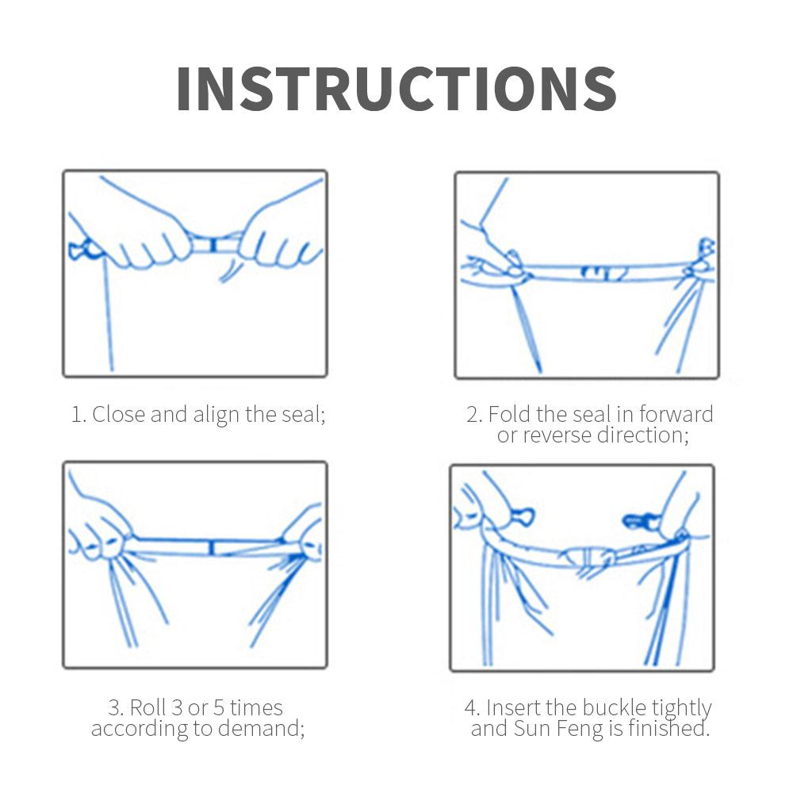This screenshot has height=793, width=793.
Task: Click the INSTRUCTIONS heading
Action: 396,89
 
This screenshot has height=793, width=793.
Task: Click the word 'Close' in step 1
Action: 119,414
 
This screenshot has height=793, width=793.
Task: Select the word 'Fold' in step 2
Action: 510,414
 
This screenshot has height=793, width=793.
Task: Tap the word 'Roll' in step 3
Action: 148,707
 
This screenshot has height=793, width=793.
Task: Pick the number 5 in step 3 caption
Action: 219,708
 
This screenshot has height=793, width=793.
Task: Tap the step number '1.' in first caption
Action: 79,415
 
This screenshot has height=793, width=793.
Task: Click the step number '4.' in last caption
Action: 473,708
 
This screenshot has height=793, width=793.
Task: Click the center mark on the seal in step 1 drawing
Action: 213,246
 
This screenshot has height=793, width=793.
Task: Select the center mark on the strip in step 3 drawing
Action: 211,548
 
